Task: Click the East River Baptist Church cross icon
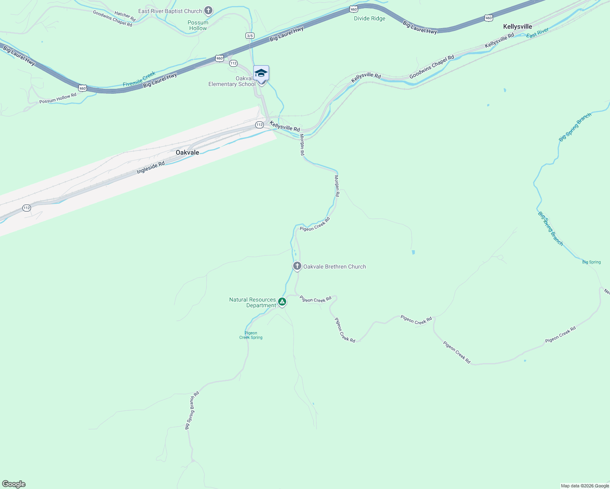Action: click(208, 11)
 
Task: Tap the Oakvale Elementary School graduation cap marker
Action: click(261, 73)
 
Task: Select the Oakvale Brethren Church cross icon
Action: click(297, 266)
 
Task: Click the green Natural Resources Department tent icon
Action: click(282, 302)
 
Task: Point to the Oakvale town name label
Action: click(187, 152)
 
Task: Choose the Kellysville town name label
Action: click(517, 26)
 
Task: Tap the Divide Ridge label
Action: click(369, 18)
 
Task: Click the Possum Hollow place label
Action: click(198, 25)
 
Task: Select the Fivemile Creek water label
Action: click(139, 79)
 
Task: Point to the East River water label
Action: click(537, 33)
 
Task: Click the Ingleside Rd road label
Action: click(150, 167)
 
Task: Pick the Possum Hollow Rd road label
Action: click(58, 98)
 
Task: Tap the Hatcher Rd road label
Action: click(125, 16)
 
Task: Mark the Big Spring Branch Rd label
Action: click(192, 410)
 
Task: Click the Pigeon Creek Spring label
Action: click(251, 335)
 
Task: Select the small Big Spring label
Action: click(591, 262)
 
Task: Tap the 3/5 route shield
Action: click(250, 36)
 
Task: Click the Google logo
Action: click(14, 484)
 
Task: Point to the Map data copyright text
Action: click(585, 486)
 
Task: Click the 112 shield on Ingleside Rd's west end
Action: click(27, 208)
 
